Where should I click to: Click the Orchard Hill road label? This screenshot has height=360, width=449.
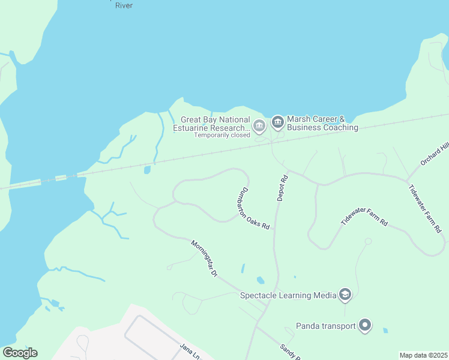(x=435, y=154)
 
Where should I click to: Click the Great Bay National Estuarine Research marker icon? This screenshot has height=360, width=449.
(x=259, y=125)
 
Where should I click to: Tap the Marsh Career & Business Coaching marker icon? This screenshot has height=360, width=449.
(x=277, y=122)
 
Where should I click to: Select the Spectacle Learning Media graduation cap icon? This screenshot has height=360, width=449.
(x=345, y=294)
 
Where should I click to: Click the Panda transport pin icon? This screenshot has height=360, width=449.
(x=365, y=326)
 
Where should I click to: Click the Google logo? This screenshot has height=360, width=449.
(x=20, y=353)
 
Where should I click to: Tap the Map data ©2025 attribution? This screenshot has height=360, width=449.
(x=423, y=355)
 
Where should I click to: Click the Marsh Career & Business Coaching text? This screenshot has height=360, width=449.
(x=322, y=123)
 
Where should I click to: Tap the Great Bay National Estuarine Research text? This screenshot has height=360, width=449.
(x=211, y=124)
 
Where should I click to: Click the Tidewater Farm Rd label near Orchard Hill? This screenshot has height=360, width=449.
(x=425, y=208)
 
